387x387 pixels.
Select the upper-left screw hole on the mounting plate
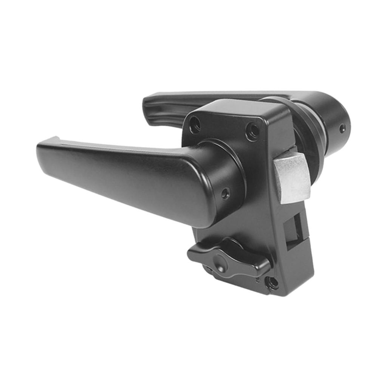pyautogui.click(x=195, y=125)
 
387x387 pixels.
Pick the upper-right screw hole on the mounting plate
pyautogui.click(x=252, y=131)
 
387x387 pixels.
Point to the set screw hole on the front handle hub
pyautogui.click(x=225, y=193)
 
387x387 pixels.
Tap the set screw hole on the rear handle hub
pyautogui.click(x=342, y=128)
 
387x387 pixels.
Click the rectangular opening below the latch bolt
pyautogui.click(x=293, y=228)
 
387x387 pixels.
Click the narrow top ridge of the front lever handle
pyautogui.click(x=113, y=145)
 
